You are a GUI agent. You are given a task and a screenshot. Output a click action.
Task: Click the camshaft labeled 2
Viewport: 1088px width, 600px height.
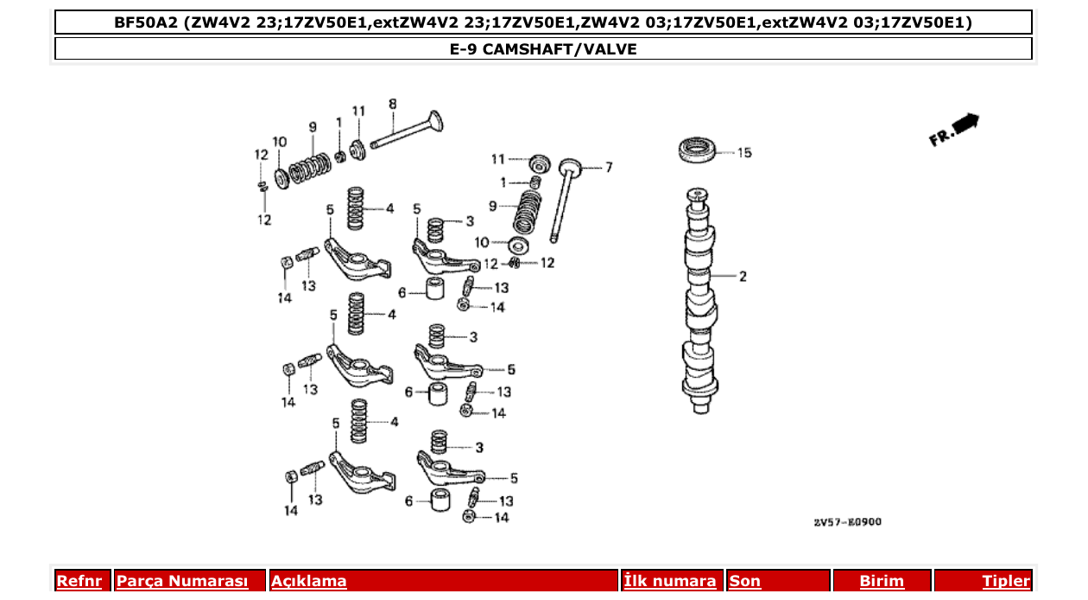(700, 303)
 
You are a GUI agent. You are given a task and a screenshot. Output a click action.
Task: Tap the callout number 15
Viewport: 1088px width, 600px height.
(743, 153)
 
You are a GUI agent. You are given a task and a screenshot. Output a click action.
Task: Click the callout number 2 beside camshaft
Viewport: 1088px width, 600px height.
(742, 277)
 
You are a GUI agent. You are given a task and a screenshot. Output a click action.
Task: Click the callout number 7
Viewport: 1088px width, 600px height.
(608, 167)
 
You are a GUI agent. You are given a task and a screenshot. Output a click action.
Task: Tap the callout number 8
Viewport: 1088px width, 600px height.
(392, 105)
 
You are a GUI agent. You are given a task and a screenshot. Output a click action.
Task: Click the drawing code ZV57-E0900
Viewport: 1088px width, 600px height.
(847, 522)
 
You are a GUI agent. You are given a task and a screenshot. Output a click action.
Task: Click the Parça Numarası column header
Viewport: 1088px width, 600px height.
(182, 581)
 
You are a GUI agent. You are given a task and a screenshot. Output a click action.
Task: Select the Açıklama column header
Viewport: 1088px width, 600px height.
(309, 581)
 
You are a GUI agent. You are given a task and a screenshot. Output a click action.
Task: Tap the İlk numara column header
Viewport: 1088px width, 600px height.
(670, 581)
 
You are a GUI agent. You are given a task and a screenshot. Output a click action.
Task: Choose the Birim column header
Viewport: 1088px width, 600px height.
(882, 581)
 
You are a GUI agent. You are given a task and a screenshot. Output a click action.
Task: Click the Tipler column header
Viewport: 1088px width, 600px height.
(1005, 581)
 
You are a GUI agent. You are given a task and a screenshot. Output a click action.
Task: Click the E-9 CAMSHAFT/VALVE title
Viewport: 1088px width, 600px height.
(543, 49)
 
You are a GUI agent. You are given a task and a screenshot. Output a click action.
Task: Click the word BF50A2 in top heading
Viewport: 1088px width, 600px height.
(145, 22)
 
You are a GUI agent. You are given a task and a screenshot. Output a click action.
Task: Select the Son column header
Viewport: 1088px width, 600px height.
(745, 581)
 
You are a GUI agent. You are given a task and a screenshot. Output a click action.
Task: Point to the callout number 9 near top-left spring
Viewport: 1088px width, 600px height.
(313, 127)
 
